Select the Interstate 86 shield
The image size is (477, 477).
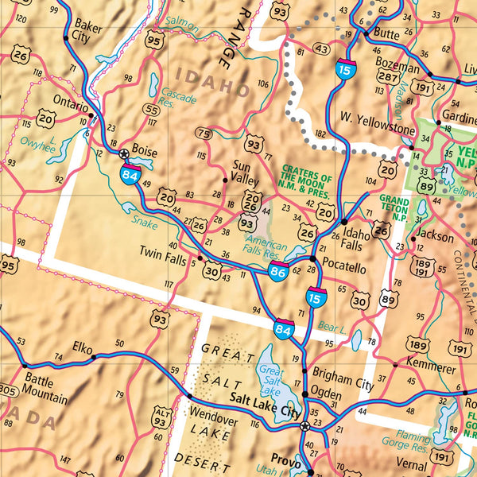pyautogui.click(x=277, y=271)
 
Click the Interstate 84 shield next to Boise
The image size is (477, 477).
pyautogui.click(x=129, y=173)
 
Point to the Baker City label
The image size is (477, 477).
pyautogui.click(x=87, y=31)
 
